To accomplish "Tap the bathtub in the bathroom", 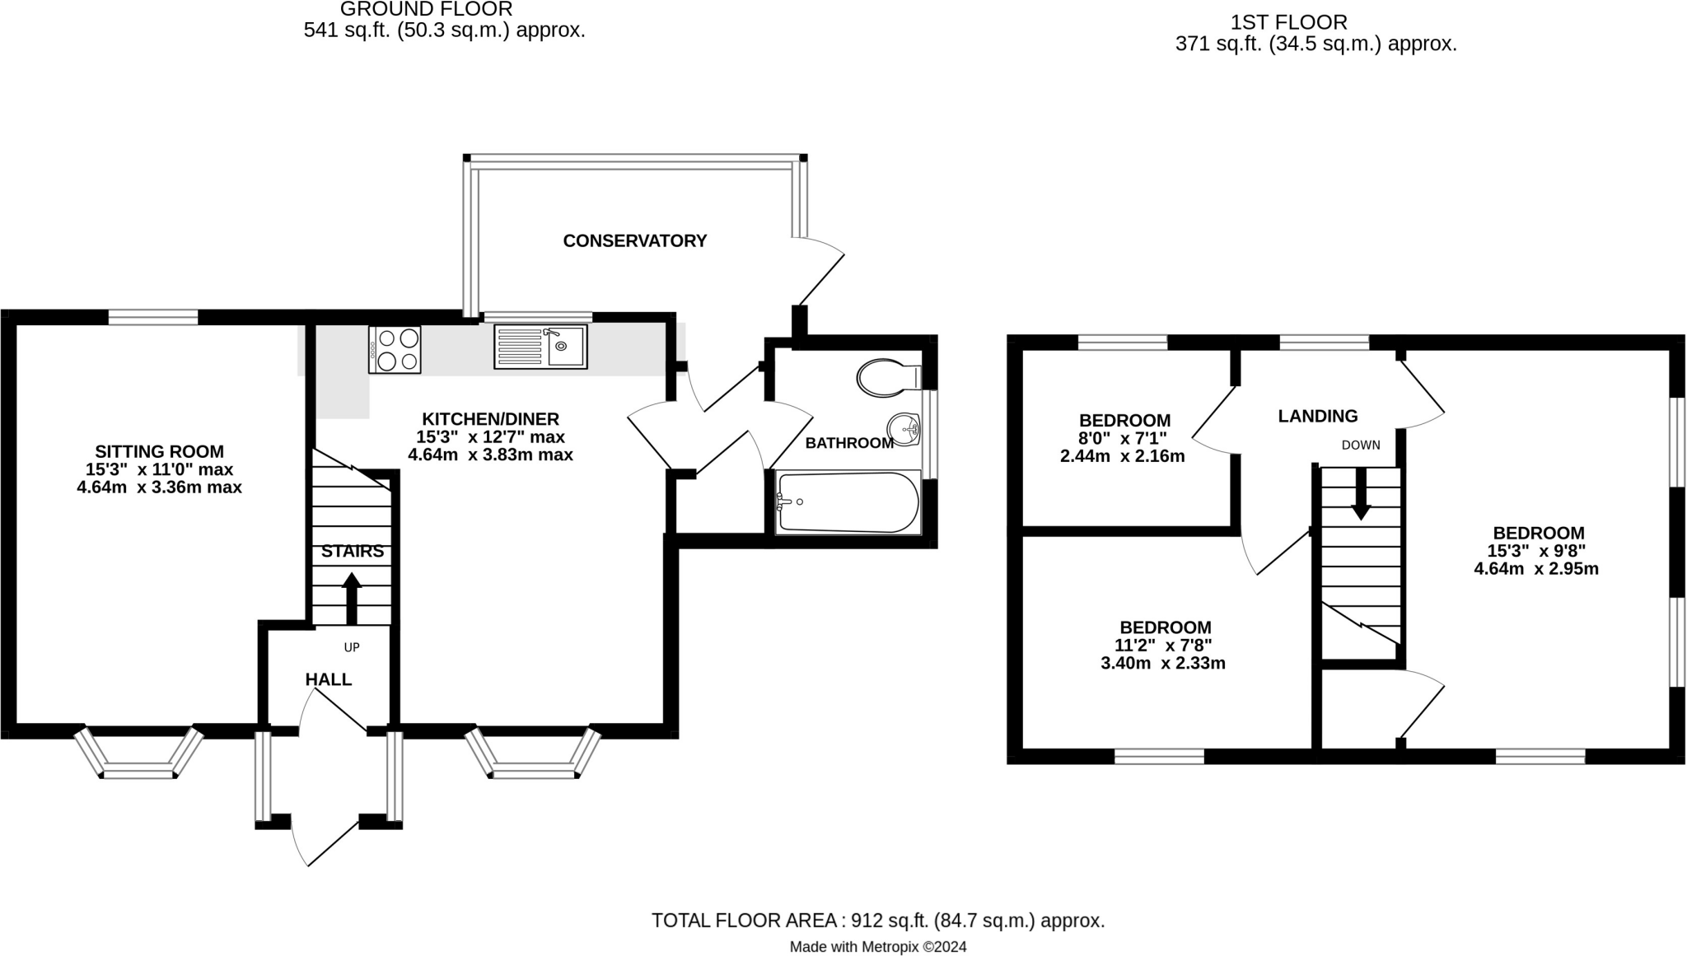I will (848, 501).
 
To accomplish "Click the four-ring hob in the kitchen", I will (395, 349).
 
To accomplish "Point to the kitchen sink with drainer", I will (540, 345).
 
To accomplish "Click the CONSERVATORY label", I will (634, 240).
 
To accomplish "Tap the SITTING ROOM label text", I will (159, 451).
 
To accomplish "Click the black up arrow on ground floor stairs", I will (352, 597).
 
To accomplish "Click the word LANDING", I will (1317, 416).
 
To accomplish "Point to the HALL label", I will (328, 679).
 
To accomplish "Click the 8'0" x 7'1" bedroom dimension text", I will (1124, 438).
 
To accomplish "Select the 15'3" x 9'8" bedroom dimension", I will (1537, 550).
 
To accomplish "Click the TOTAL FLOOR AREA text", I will (877, 921).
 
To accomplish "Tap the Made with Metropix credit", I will (877, 947).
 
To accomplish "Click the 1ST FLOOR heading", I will (1315, 22).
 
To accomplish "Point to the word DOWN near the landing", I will (1360, 445).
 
